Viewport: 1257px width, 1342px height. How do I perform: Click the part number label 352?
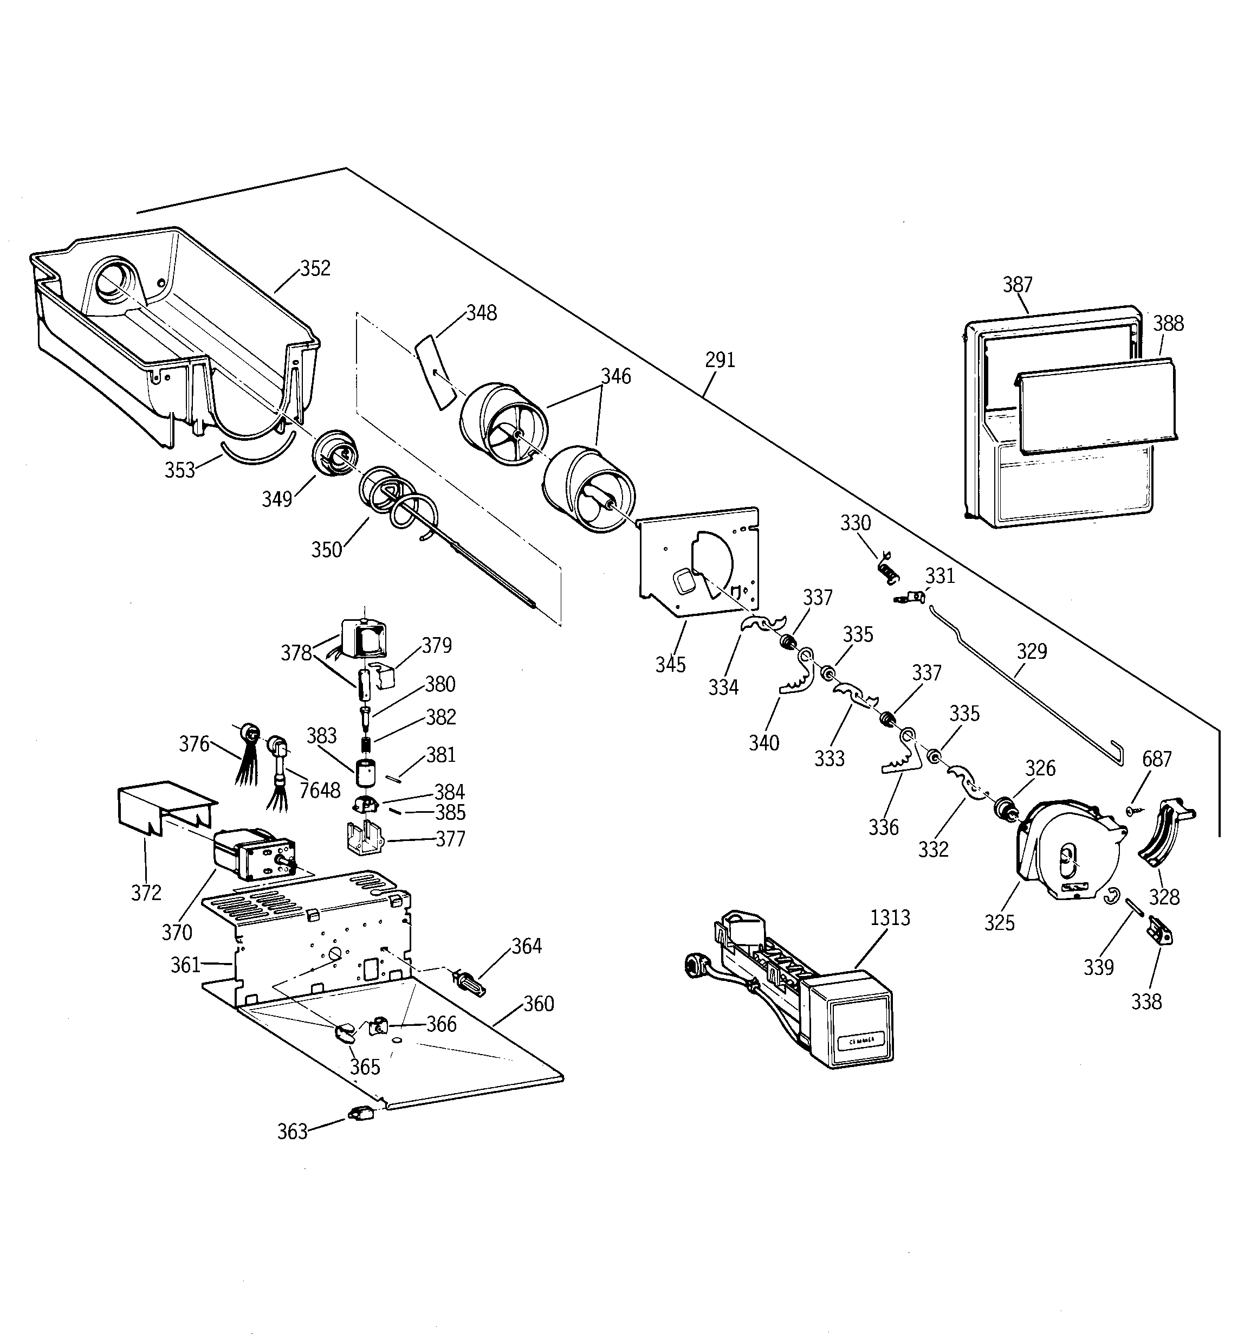[x=315, y=268]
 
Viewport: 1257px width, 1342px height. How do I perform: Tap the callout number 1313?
[x=890, y=918]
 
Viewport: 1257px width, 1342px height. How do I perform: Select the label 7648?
[x=320, y=791]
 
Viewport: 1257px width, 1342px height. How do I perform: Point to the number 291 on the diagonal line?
[x=720, y=361]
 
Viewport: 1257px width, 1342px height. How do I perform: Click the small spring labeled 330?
[x=889, y=570]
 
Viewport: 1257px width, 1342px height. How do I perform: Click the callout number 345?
[x=670, y=665]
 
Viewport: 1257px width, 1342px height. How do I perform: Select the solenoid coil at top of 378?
[x=364, y=638]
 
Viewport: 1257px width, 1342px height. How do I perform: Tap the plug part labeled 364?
[x=471, y=983]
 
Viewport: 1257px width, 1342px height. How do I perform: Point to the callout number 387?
[x=1017, y=285]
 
